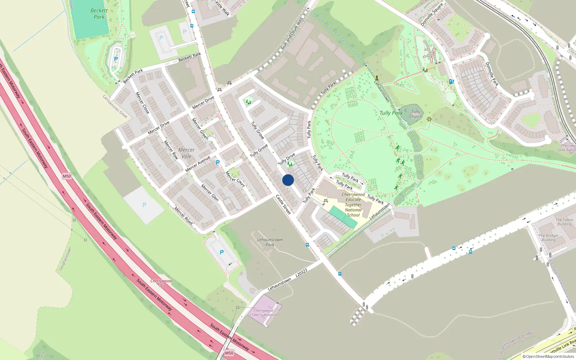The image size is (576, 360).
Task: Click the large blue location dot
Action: [x=288, y=180]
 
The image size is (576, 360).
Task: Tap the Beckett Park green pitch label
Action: [x=99, y=14]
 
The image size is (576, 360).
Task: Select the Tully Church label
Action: [x=416, y=114]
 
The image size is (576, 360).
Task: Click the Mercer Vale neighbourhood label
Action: [x=186, y=153]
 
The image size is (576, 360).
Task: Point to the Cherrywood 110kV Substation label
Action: [x=264, y=312]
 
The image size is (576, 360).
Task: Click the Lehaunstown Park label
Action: [x=270, y=242]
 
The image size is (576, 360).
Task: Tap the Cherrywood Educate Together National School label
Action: [x=353, y=204]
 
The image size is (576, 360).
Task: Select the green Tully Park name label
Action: [x=391, y=113]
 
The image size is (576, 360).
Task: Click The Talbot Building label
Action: [x=564, y=222]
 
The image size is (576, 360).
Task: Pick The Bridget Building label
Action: [x=549, y=238]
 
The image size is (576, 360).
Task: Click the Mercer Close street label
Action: [x=142, y=103]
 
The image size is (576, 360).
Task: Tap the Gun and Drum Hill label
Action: [x=291, y=35]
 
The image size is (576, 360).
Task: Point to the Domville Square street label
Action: [x=432, y=15]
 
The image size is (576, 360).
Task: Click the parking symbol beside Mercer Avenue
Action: [x=217, y=162]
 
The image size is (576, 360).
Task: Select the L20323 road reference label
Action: [x=301, y=273]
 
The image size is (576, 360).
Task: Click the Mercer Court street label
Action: [x=235, y=179]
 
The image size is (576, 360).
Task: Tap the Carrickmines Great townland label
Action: [x=115, y=107]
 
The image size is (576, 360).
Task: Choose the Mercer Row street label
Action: [x=171, y=150]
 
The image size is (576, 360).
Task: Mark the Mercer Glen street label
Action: [x=210, y=193]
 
